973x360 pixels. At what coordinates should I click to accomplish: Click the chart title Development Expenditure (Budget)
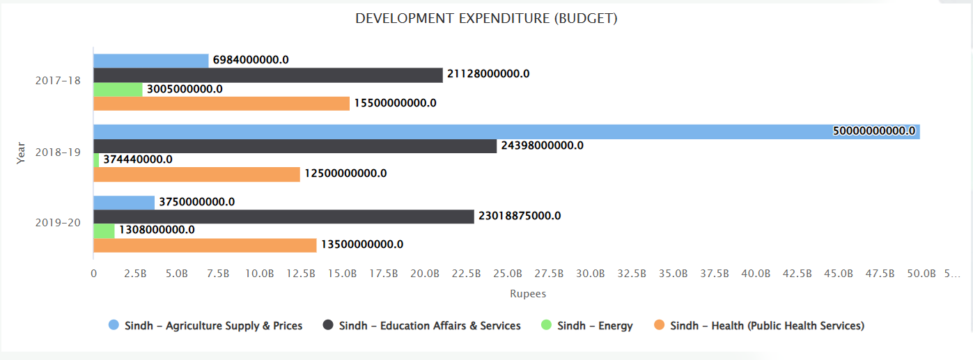[486, 19]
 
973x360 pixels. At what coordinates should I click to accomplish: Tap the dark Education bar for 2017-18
[267, 75]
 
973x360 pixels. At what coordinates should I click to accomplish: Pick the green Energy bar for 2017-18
[118, 89]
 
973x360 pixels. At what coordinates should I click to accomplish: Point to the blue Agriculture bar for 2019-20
[123, 203]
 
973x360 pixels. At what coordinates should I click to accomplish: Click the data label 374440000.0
[138, 159]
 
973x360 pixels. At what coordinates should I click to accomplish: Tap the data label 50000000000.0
[873, 131]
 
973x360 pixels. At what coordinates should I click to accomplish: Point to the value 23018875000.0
[519, 216]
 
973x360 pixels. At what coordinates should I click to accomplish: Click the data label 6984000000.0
[251, 60]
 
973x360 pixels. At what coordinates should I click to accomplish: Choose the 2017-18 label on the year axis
[58, 81]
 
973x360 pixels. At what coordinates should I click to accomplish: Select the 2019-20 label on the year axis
[58, 223]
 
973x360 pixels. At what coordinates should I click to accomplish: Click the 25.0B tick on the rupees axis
[507, 274]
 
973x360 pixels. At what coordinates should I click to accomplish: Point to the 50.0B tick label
[921, 274]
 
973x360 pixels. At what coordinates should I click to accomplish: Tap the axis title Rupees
[527, 294]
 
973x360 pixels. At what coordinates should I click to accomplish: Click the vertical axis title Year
[21, 152]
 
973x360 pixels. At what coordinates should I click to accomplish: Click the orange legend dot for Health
[660, 325]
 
